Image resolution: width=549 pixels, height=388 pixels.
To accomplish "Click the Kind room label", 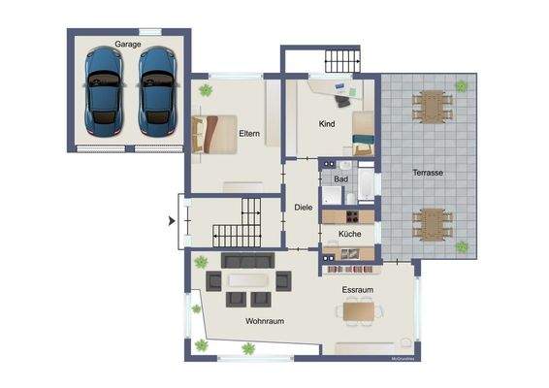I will click(327, 124).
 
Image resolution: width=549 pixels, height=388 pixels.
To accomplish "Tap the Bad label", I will click(340, 179).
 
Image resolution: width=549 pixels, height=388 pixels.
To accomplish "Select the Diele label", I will click(303, 206).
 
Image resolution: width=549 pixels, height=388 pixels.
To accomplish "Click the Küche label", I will click(350, 236).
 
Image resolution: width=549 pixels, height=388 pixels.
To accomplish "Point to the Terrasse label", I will click(428, 172).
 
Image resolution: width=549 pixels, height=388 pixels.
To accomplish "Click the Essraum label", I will click(357, 289).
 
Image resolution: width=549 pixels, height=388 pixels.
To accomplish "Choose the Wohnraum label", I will click(264, 321).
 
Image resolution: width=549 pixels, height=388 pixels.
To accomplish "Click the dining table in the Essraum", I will click(359, 310).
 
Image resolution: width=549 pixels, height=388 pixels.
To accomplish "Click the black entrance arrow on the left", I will click(172, 221).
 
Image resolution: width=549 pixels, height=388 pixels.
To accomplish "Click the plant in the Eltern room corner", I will click(206, 90).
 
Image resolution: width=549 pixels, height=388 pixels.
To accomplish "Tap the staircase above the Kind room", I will click(340, 63).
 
